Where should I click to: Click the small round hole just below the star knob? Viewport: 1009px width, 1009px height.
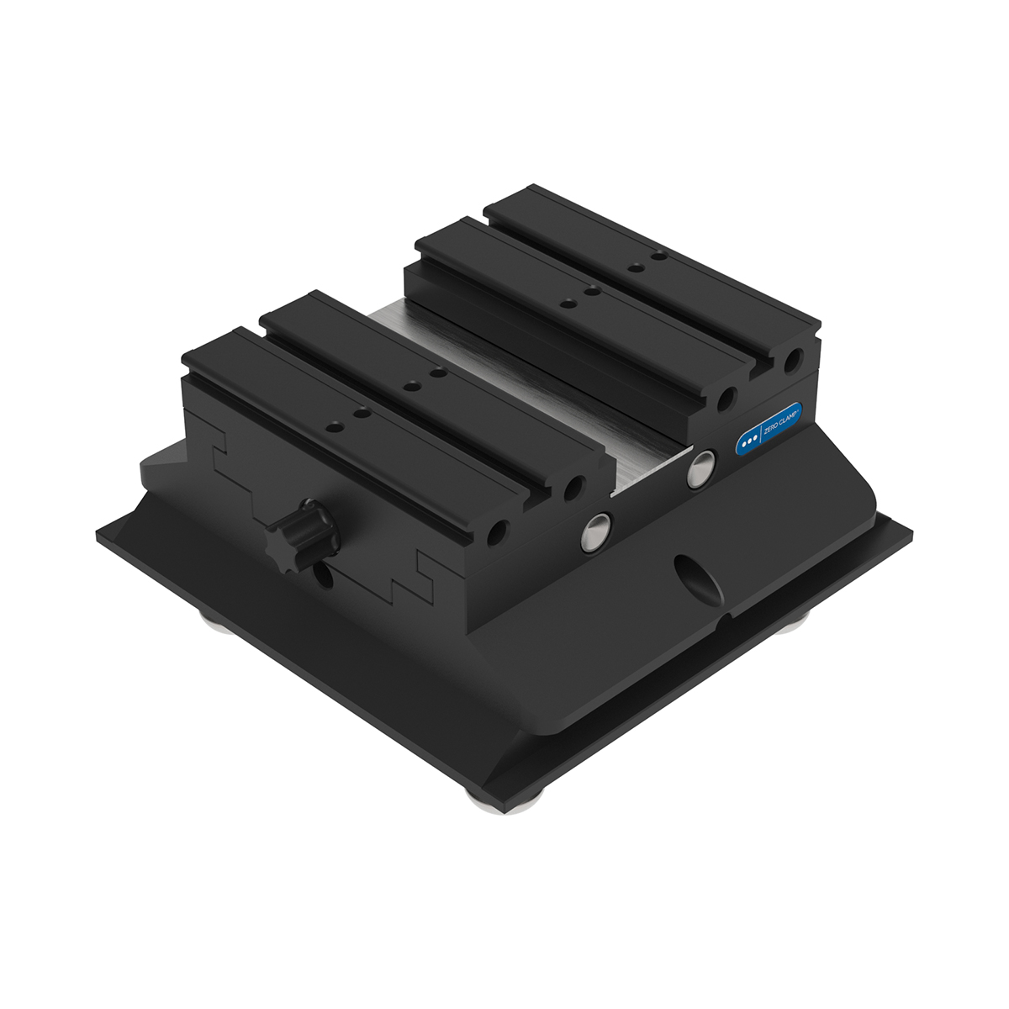[323, 577]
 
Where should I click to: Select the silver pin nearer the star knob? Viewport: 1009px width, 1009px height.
[599, 527]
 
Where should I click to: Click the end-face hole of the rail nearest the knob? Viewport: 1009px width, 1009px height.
[499, 531]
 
